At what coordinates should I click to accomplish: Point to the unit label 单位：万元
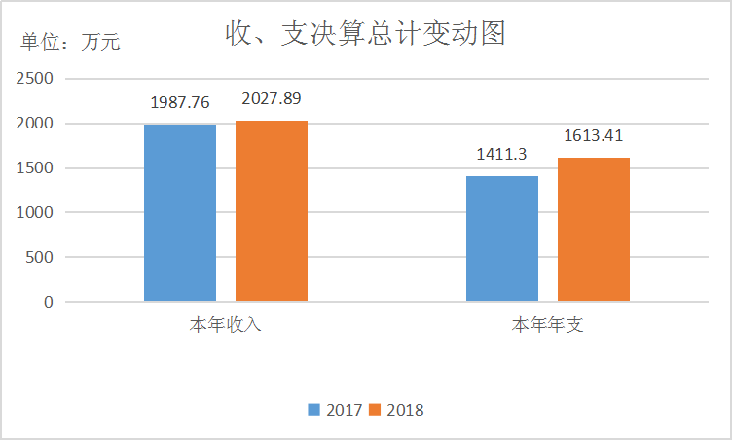point(71,43)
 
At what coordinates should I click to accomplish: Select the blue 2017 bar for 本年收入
point(180,213)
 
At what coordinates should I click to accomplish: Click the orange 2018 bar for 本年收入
point(272,211)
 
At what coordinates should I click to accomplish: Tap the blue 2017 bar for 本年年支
point(502,238)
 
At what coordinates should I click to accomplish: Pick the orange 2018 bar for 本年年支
point(594,230)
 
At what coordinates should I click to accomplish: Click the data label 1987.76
point(180,102)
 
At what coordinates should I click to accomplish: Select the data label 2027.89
point(272,98)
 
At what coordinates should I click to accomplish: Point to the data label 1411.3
point(501,154)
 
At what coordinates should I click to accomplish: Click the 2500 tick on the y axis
point(34,79)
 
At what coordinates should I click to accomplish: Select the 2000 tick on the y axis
point(34,124)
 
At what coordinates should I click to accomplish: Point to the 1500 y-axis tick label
point(34,168)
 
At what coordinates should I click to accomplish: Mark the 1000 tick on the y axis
point(34,212)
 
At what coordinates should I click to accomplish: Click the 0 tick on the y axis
point(48,302)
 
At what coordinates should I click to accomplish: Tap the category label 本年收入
point(226,325)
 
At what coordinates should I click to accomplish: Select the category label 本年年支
point(548,325)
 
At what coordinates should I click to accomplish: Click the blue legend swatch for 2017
point(314,410)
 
